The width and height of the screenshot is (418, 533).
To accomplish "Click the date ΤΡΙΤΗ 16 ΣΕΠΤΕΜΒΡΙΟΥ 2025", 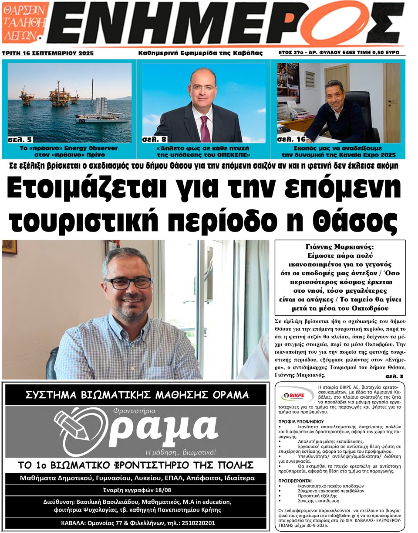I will (x=48, y=53).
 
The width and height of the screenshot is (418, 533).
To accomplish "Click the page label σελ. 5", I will (x=20, y=140).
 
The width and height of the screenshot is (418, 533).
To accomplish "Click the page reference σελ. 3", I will (x=395, y=376).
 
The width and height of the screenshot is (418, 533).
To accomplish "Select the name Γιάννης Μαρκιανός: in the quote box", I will (x=340, y=246).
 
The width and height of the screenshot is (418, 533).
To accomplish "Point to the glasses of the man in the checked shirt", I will (x=128, y=283).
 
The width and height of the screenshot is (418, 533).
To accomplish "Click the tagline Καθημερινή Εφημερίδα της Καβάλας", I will (x=200, y=53).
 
